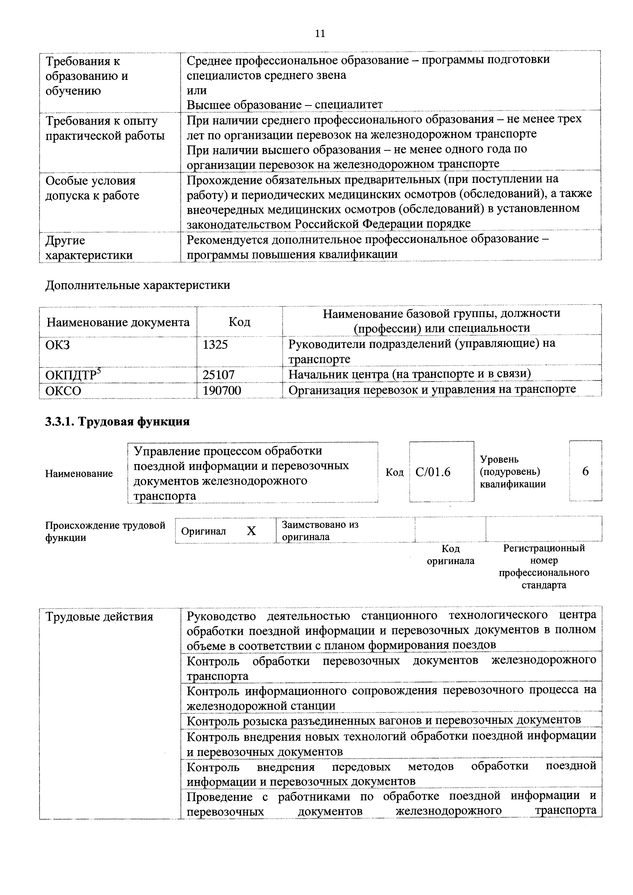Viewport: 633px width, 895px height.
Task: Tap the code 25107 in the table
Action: pyautogui.click(x=218, y=375)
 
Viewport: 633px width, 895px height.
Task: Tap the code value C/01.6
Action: pyautogui.click(x=433, y=472)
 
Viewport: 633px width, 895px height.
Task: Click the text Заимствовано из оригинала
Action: pyautogui.click(x=320, y=530)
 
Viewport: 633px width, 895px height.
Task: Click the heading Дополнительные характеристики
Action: pyautogui.click(x=138, y=285)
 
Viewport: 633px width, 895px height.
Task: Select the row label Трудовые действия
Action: pyautogui.click(x=99, y=617)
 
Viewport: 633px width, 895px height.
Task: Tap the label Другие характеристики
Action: pyautogui.click(x=89, y=247)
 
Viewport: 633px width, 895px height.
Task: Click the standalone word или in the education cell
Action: pyautogui.click(x=197, y=90)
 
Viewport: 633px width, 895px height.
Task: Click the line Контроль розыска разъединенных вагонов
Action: pyautogui.click(x=384, y=720)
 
